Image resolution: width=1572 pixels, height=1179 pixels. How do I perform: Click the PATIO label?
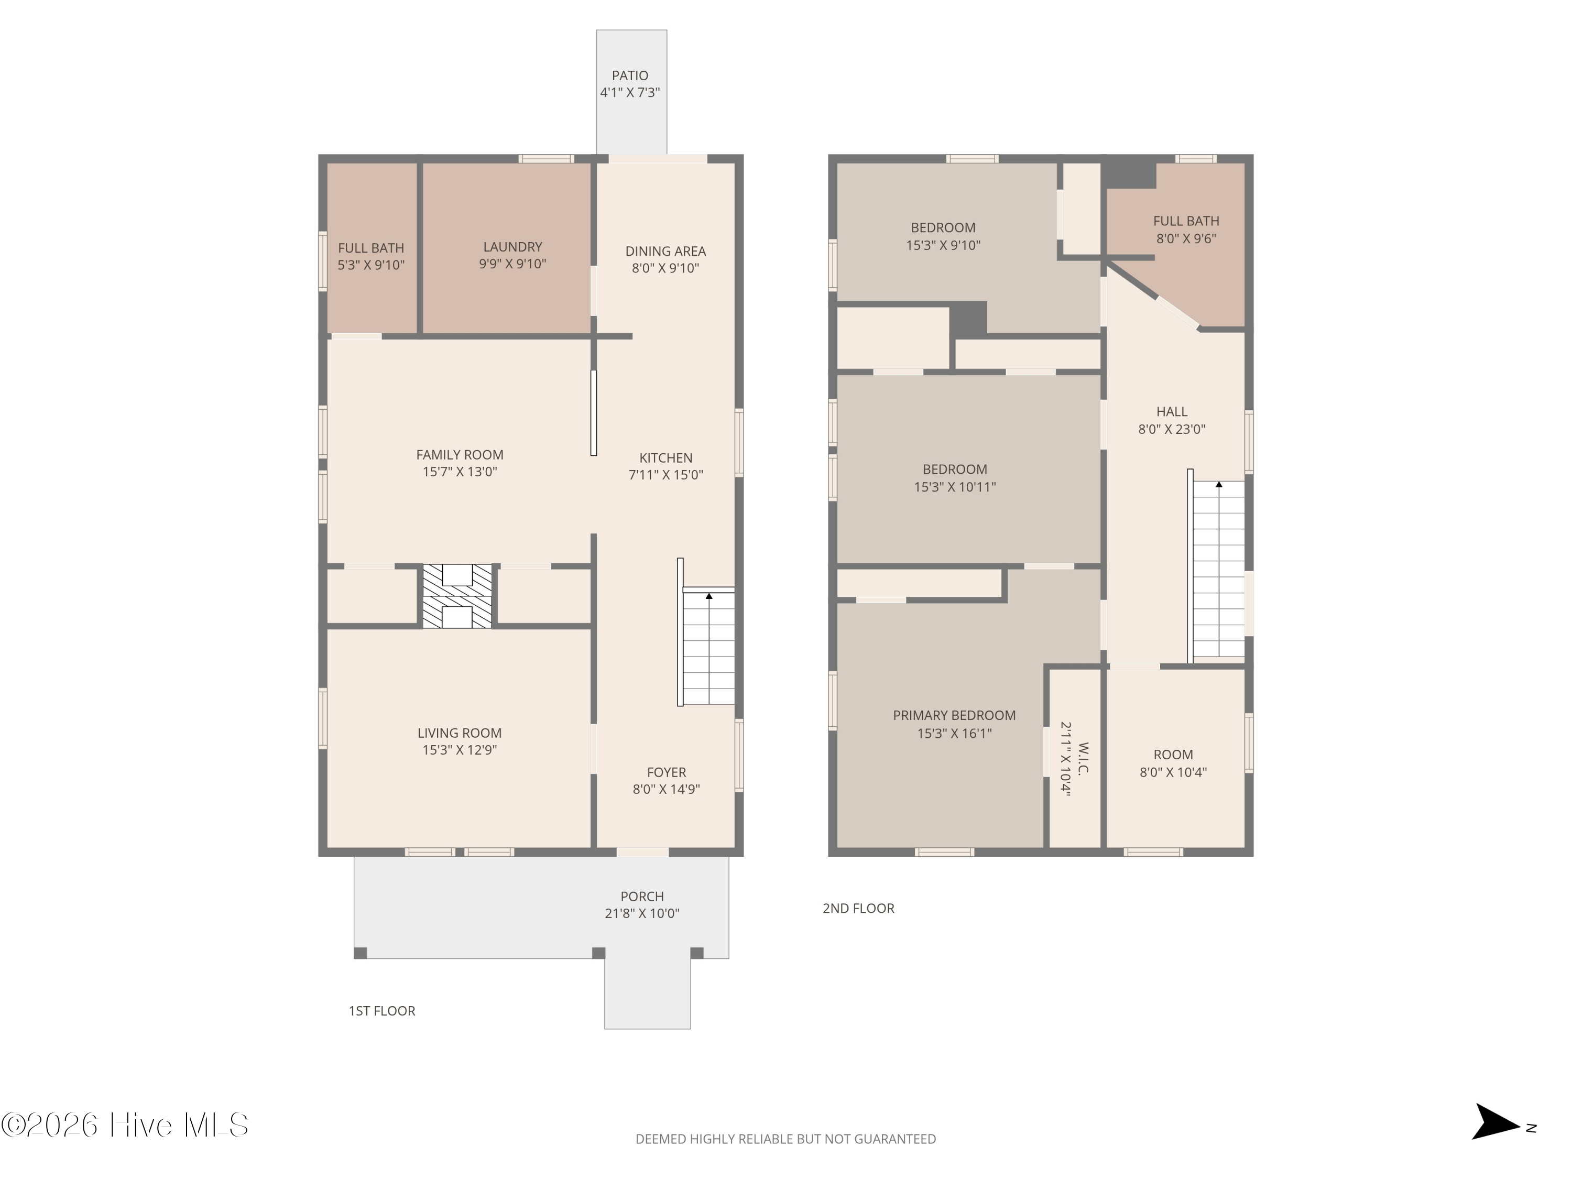(x=630, y=75)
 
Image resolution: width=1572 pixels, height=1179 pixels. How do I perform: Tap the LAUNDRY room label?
(x=512, y=247)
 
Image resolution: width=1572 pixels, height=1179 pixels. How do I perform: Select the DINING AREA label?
(x=665, y=251)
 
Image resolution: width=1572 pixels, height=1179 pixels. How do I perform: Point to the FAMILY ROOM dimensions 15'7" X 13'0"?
(x=460, y=472)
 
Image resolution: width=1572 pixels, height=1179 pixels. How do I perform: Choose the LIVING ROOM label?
(x=460, y=733)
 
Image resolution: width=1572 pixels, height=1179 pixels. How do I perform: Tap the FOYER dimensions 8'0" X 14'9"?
(x=667, y=789)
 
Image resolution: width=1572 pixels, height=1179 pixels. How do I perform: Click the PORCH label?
(x=642, y=896)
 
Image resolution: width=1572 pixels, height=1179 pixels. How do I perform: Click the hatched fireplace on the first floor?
(x=457, y=596)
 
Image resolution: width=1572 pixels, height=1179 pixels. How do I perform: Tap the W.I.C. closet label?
(x=1083, y=758)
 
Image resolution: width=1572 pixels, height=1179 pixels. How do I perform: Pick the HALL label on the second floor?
(x=1172, y=411)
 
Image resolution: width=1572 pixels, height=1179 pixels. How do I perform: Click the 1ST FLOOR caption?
(x=381, y=1011)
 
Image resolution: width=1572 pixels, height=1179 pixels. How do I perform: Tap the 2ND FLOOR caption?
(x=858, y=908)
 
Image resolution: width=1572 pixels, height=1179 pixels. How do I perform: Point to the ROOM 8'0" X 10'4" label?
(x=1173, y=763)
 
